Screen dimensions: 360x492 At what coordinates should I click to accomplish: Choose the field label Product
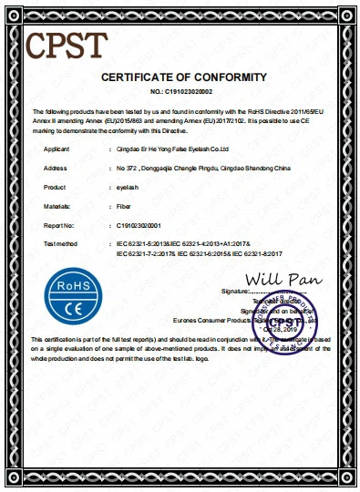tap(55, 189)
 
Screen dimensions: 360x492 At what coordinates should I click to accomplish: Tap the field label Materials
tap(57, 209)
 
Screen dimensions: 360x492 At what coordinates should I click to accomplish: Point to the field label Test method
tap(60, 245)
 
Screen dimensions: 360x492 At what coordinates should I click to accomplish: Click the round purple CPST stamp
tap(291, 323)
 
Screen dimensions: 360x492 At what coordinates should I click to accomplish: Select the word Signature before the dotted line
tap(234, 291)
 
